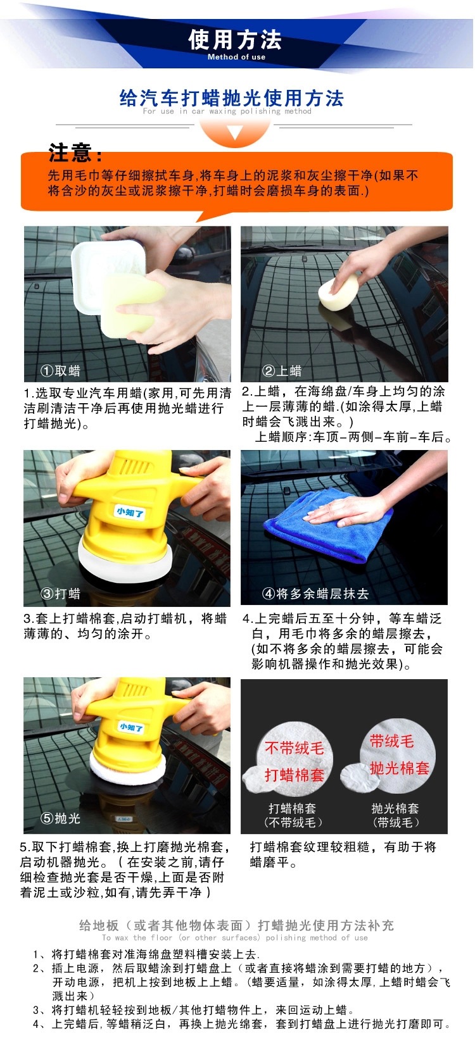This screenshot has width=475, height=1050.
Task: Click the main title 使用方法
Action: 235,39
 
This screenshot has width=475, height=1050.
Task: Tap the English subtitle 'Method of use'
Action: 236,57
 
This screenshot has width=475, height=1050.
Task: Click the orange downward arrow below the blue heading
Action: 235,132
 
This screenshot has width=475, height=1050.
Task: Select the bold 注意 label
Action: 75,153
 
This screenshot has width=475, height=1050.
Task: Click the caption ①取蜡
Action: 61,371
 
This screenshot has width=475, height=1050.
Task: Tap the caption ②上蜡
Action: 282,371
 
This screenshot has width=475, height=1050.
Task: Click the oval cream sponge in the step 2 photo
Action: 338,293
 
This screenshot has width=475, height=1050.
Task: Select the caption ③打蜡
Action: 61,594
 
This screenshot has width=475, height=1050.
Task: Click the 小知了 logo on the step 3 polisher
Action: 130,512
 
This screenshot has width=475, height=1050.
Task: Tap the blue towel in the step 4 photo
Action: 328,525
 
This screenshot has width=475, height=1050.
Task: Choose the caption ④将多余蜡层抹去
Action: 315,594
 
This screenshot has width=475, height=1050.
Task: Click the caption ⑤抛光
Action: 61,818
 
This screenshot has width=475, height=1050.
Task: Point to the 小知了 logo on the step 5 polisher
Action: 131,727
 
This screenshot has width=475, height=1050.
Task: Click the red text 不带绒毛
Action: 294,747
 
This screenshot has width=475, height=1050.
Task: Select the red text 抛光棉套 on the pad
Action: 400,768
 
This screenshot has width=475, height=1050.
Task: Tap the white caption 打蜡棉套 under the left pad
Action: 292,808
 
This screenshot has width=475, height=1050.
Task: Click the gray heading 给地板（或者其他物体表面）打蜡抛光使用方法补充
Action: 236,925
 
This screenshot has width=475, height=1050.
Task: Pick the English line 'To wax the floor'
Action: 234,937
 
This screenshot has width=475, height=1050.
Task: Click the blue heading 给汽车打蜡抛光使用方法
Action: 232,99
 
